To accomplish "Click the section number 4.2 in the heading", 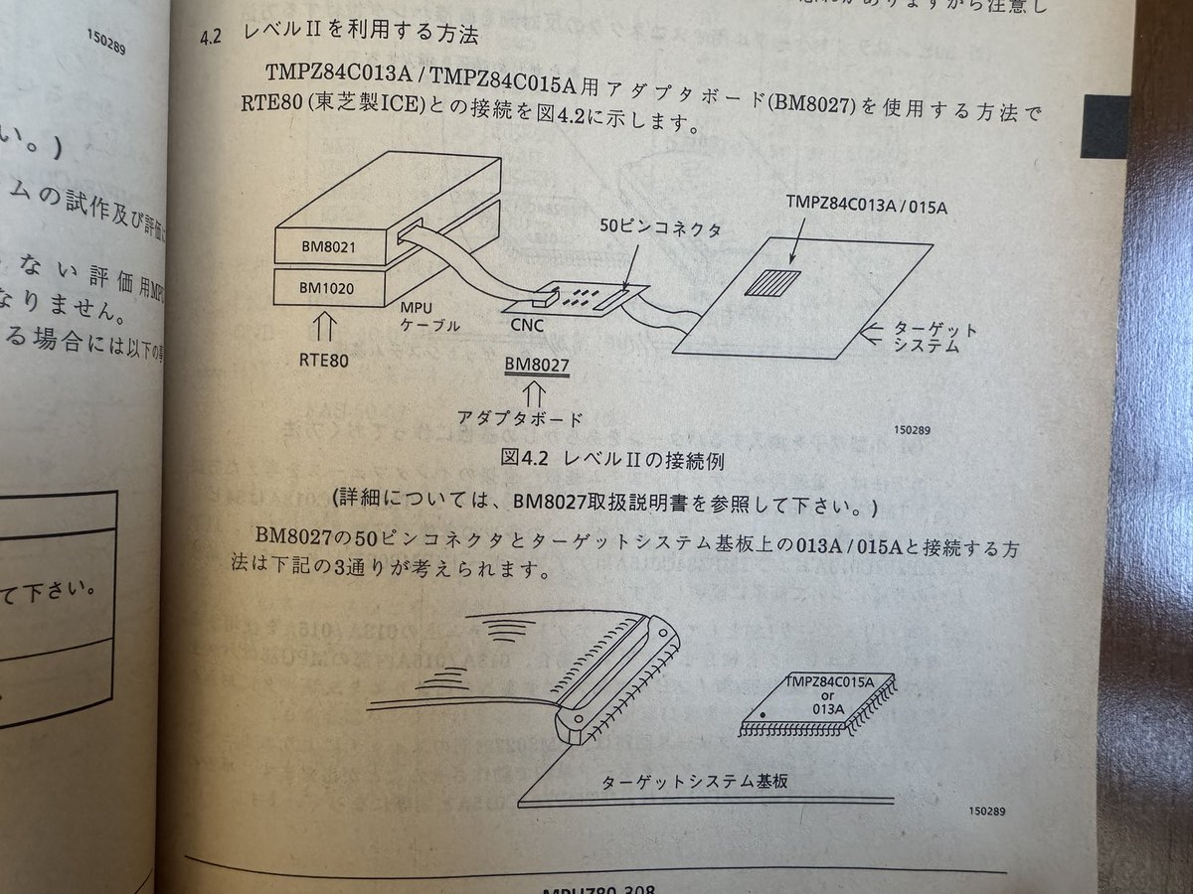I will (x=216, y=36).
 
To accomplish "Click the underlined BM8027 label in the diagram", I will (x=536, y=365).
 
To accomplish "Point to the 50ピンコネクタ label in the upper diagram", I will (x=652, y=227).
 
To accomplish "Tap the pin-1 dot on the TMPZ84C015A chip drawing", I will (x=763, y=714).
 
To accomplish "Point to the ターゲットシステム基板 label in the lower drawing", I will (x=695, y=781).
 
